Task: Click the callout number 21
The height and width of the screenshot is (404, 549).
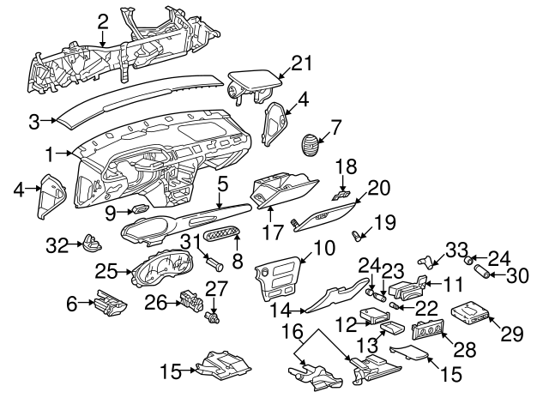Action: pyautogui.click(x=299, y=63)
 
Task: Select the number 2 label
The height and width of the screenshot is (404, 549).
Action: pyautogui.click(x=102, y=21)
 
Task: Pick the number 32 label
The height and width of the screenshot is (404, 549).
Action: pyautogui.click(x=57, y=246)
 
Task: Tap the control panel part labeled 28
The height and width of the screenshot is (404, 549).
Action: pyautogui.click(x=428, y=331)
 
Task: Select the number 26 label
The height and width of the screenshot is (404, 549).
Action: pyautogui.click(x=157, y=301)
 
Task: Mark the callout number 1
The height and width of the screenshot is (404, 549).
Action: pyautogui.click(x=51, y=154)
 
